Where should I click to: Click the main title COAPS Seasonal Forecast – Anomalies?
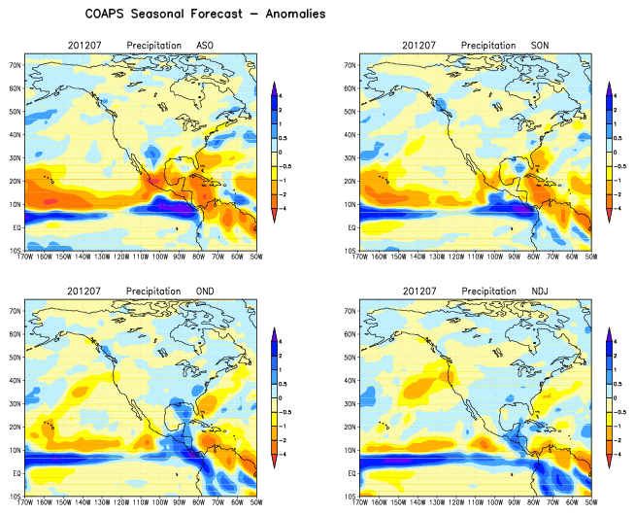[x=192, y=15]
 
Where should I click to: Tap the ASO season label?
[x=205, y=46]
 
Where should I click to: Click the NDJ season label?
[x=543, y=291]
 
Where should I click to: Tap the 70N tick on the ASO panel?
[x=17, y=65]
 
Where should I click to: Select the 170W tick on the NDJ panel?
[x=361, y=502]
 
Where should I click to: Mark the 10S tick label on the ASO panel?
[x=17, y=251]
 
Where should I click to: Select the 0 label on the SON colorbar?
[x=619, y=152]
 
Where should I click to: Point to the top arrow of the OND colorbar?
[x=275, y=330]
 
